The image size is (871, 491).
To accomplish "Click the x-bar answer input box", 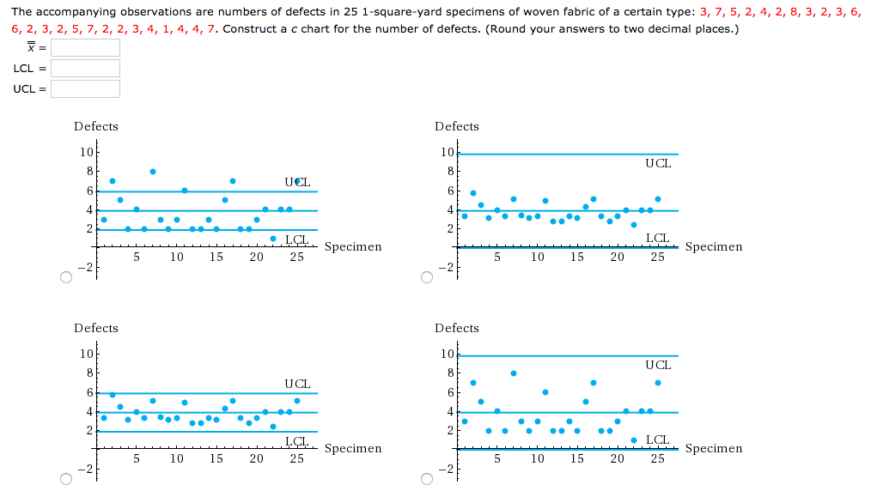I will (x=85, y=48).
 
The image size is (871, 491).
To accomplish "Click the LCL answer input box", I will (x=85, y=69).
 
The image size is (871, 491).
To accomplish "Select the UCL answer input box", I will (x=85, y=89).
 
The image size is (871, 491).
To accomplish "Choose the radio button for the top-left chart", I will (x=65, y=277).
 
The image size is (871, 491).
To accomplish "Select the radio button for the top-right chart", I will (x=427, y=277).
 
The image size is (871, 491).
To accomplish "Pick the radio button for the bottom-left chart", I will (x=65, y=479).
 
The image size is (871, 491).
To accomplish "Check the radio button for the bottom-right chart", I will (x=427, y=479).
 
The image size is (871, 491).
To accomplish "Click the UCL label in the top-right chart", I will (x=658, y=163).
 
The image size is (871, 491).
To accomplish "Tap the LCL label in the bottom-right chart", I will (x=657, y=439).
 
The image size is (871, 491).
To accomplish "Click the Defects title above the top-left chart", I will (x=96, y=126).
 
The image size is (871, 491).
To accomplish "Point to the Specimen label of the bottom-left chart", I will (x=353, y=448).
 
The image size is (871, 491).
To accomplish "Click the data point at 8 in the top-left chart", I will (x=153, y=172).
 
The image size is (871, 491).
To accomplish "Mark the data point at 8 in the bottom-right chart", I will (x=514, y=373).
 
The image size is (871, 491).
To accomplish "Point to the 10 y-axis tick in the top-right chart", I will (x=446, y=153).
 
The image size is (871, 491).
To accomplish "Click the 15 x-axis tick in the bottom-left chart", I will (x=216, y=459).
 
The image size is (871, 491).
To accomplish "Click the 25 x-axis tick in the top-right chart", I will (x=657, y=257).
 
